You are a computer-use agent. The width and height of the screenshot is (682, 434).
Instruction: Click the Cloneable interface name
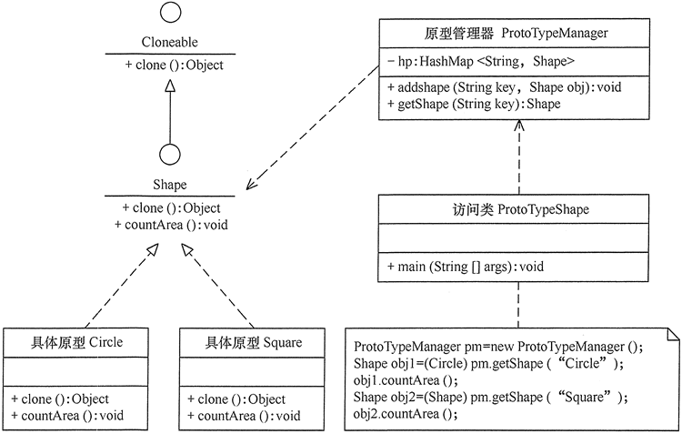click(x=170, y=42)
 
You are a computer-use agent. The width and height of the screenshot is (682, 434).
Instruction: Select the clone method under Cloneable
click(x=170, y=65)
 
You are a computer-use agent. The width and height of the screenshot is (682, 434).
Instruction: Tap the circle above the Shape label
click(x=169, y=154)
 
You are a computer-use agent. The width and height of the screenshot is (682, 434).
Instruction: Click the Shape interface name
click(x=169, y=186)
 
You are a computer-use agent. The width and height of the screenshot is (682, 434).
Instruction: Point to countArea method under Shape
click(x=170, y=225)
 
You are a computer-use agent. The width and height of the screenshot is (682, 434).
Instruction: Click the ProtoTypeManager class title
click(x=517, y=34)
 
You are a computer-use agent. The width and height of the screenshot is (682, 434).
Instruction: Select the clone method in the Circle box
click(x=61, y=399)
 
